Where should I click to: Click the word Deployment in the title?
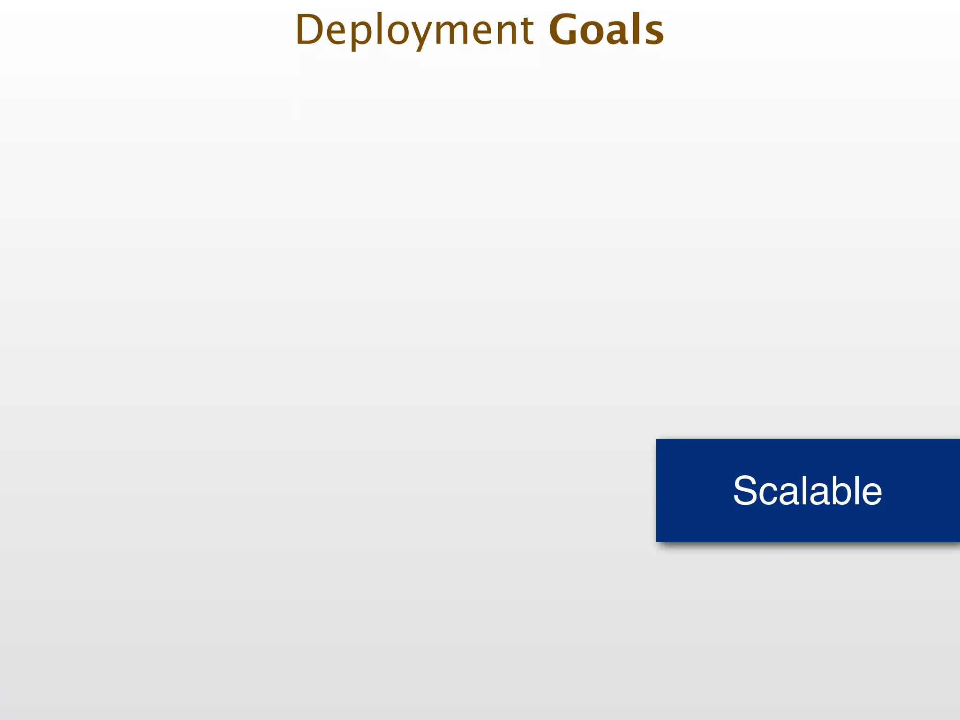point(414,30)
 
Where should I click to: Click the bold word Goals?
point(606,30)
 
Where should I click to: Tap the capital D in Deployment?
point(310,30)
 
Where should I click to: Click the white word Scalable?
point(807,491)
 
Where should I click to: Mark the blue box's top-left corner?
point(657,439)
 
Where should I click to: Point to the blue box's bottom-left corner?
point(657,541)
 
